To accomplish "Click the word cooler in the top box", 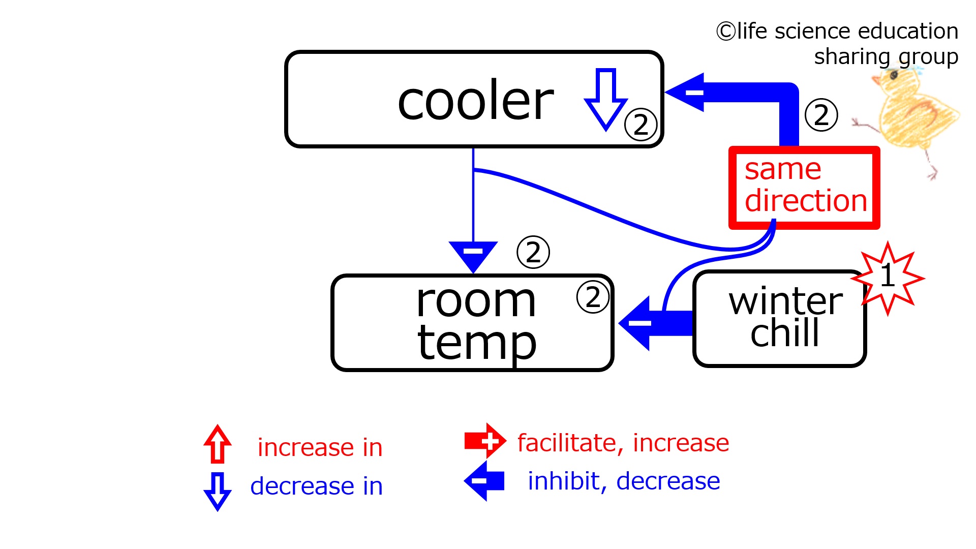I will click(475, 101).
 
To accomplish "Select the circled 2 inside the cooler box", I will click(640, 125).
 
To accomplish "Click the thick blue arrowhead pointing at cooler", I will click(687, 92).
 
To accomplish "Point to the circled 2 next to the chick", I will click(821, 115).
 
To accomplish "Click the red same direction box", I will click(804, 188).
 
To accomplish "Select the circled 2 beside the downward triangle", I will click(533, 252).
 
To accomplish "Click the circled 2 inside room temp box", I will click(593, 297).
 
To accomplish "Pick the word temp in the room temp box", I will click(476, 343).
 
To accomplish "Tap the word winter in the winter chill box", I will click(785, 301).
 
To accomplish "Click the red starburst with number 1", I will click(888, 278).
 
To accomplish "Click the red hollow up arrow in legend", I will click(218, 444).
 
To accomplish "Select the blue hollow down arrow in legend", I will click(218, 491).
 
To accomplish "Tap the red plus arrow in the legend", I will click(485, 441).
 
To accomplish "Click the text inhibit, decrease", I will click(624, 481).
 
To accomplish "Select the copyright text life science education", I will click(837, 32).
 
